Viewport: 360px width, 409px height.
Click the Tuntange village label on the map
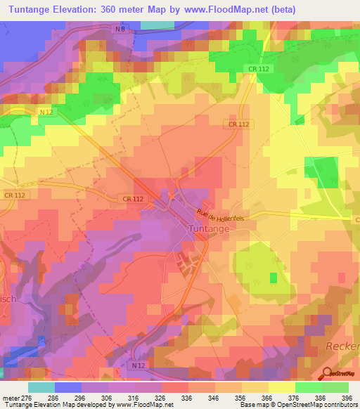pyautogui.click(x=209, y=229)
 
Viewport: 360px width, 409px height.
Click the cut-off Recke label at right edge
pyautogui.click(x=344, y=346)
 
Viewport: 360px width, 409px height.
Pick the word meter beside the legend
pyautogui.click(x=11, y=398)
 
